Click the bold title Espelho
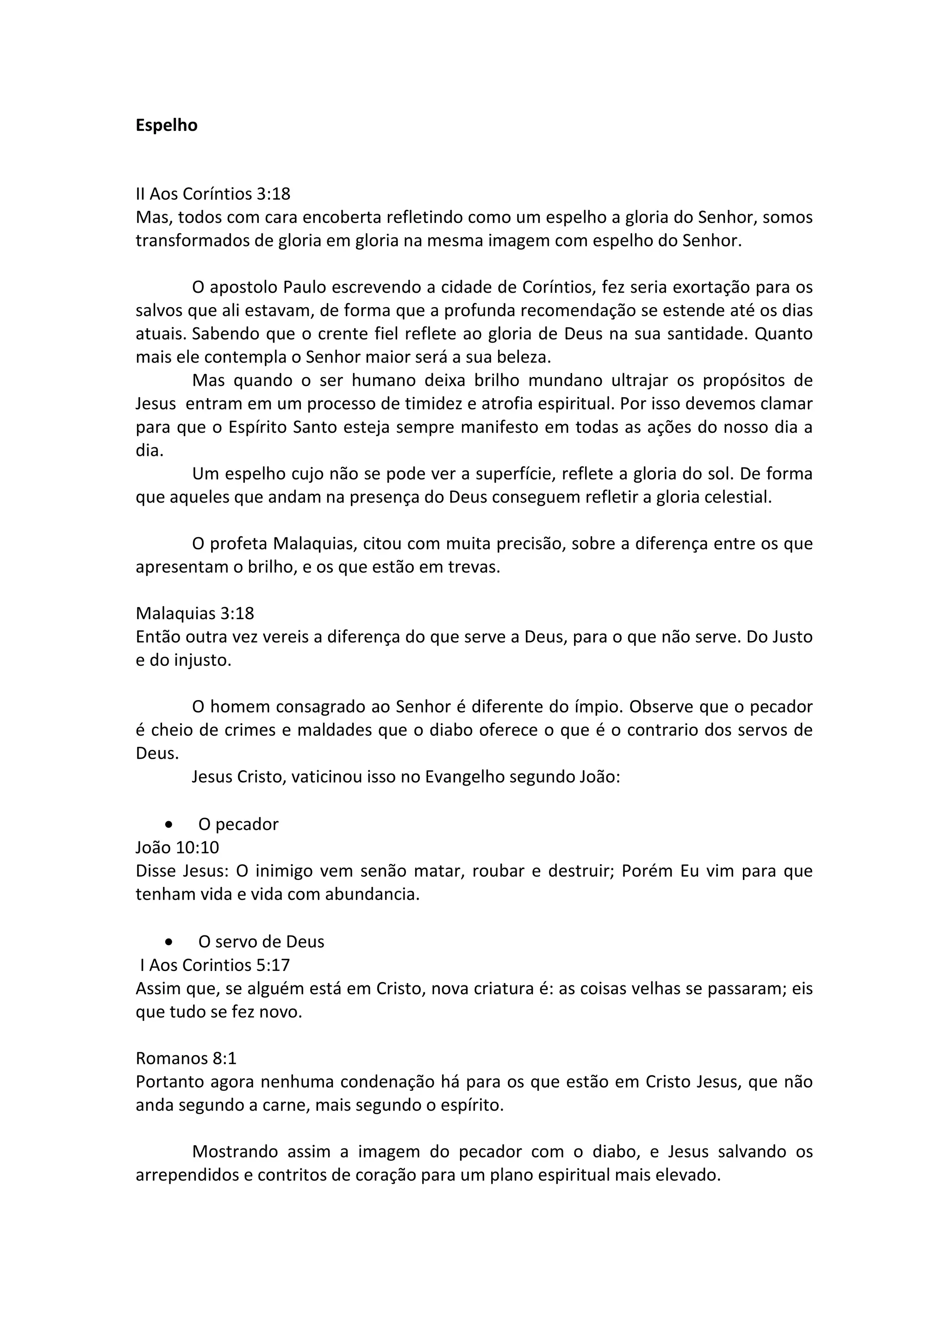pyautogui.click(x=167, y=125)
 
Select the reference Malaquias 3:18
pyautogui.click(x=194, y=614)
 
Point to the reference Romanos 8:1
pyautogui.click(x=186, y=1058)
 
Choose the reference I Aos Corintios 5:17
pyautogui.click(x=214, y=965)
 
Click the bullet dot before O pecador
pyautogui.click(x=169, y=824)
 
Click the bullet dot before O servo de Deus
pyautogui.click(x=169, y=942)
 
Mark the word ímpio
pyautogui.click(x=603, y=707)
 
